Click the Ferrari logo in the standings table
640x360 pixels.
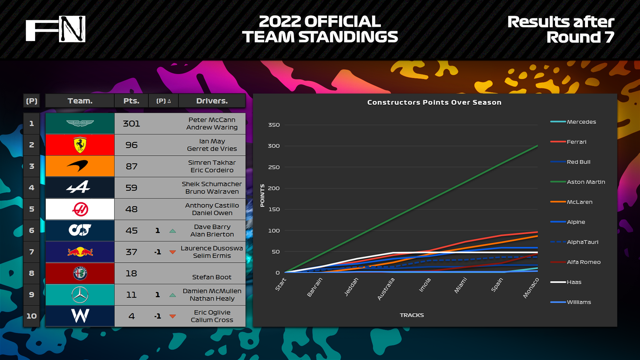click(x=80, y=145)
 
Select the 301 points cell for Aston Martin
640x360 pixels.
click(x=131, y=124)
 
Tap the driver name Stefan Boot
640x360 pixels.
click(x=212, y=277)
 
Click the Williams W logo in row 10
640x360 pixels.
click(x=80, y=316)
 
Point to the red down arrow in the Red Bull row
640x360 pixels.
click(x=173, y=252)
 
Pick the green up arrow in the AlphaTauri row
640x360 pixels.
click(x=173, y=231)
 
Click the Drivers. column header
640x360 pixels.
click(x=212, y=101)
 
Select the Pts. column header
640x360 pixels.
click(x=131, y=101)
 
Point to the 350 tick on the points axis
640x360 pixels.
click(x=274, y=125)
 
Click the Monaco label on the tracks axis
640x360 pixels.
click(x=531, y=288)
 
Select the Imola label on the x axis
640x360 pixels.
click(x=425, y=285)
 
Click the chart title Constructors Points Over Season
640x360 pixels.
click(x=434, y=102)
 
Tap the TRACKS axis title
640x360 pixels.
click(x=412, y=315)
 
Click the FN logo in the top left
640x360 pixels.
click(x=56, y=29)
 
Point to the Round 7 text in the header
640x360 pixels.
click(x=580, y=37)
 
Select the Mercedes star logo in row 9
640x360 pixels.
click(x=80, y=295)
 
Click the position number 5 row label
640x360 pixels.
click(x=32, y=209)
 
